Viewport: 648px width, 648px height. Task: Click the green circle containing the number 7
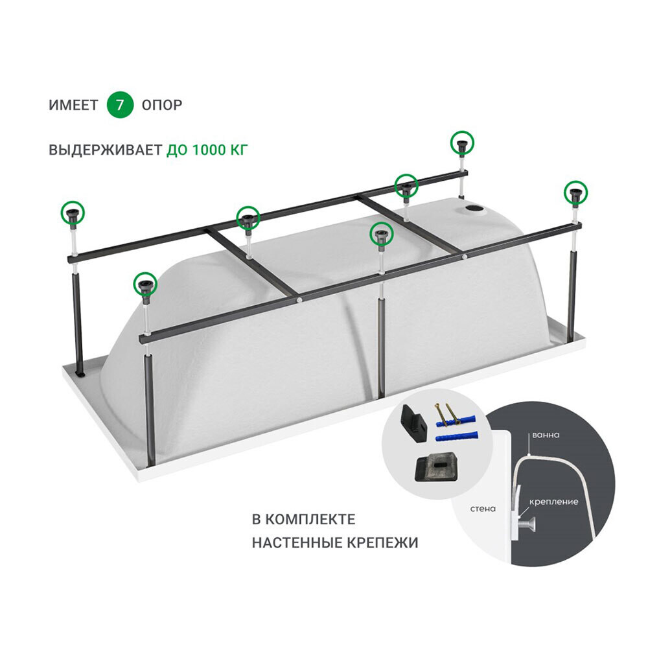pyautogui.click(x=120, y=105)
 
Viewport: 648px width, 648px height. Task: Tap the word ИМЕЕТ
pyautogui.click(x=74, y=106)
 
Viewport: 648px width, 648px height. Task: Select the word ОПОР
pyautogui.click(x=162, y=106)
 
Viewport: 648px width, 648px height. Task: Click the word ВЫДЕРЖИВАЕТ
pyautogui.click(x=106, y=150)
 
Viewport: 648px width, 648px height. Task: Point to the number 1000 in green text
pyautogui.click(x=208, y=150)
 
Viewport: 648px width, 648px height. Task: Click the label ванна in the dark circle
pyautogui.click(x=546, y=435)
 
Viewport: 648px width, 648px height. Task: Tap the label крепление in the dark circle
pyautogui.click(x=554, y=502)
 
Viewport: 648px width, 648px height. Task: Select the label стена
pyautogui.click(x=483, y=509)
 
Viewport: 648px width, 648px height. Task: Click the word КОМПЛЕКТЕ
pyautogui.click(x=310, y=520)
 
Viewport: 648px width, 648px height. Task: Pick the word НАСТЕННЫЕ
pyautogui.click(x=294, y=542)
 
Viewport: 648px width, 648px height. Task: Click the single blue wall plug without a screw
pyautogui.click(x=457, y=436)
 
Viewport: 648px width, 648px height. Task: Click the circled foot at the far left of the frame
pyautogui.click(x=73, y=213)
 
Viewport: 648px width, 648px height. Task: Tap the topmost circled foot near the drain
pyautogui.click(x=462, y=143)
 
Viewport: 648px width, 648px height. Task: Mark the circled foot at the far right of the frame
pyautogui.click(x=576, y=192)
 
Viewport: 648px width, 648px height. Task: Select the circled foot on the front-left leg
pyautogui.click(x=145, y=284)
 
